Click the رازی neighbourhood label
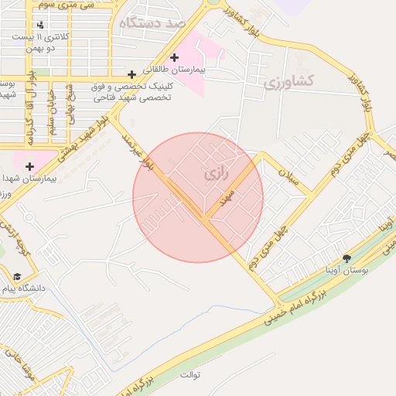pyautogui.click(x=217, y=176)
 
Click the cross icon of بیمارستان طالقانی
pyautogui.click(x=175, y=57)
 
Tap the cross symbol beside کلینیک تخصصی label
pyautogui.click(x=132, y=75)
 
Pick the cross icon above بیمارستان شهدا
pyautogui.click(x=29, y=166)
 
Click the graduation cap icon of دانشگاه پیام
pyautogui.click(x=16, y=277)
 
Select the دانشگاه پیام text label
pyautogui.click(x=26, y=288)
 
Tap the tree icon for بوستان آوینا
pyautogui.click(x=346, y=258)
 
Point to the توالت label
pyautogui.click(x=190, y=375)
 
